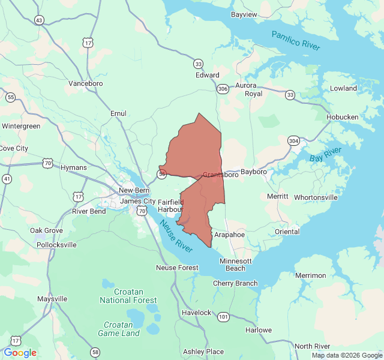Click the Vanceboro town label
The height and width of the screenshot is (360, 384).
pyautogui.click(x=86, y=83)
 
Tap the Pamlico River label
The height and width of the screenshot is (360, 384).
pyautogui.click(x=296, y=40)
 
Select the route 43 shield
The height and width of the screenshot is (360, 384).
pyautogui.click(x=39, y=20)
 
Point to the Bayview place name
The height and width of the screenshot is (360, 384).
pyautogui.click(x=244, y=14)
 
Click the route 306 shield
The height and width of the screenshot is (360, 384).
pyautogui.click(x=223, y=89)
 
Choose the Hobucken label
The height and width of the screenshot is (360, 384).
pyautogui.click(x=342, y=117)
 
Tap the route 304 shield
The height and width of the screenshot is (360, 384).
pyautogui.click(x=293, y=140)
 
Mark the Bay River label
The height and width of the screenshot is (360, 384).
pyautogui.click(x=325, y=154)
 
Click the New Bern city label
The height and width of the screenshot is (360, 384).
pyautogui.click(x=133, y=190)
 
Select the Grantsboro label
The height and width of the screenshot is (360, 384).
pyautogui.click(x=220, y=175)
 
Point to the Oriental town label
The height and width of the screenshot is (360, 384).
pyautogui.click(x=287, y=232)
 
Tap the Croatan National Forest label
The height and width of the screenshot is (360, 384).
pyautogui.click(x=128, y=296)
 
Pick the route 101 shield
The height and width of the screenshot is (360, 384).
pyautogui.click(x=223, y=316)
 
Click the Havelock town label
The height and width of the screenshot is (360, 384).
pyautogui.click(x=196, y=313)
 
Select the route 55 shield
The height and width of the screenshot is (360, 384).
pyautogui.click(x=11, y=97)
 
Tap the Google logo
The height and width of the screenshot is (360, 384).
pyautogui.click(x=20, y=353)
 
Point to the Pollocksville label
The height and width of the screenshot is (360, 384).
pyautogui.click(x=56, y=245)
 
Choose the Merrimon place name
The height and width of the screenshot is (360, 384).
pyautogui.click(x=311, y=275)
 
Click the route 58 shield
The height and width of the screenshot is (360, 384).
pyautogui.click(x=95, y=352)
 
